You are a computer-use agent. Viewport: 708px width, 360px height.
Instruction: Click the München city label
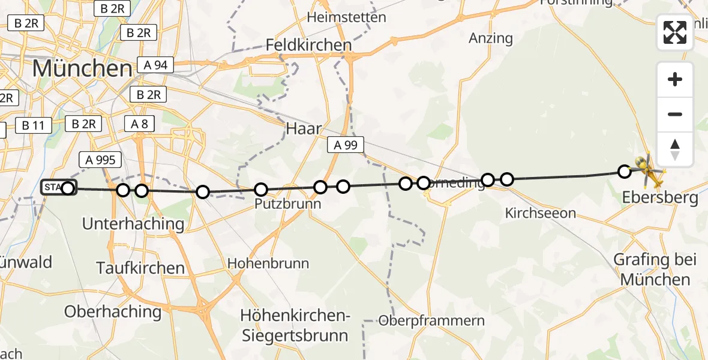[x=82, y=68]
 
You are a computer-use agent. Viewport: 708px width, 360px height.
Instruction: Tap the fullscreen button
[x=675, y=32]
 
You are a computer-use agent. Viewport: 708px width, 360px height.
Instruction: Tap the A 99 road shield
[x=346, y=145]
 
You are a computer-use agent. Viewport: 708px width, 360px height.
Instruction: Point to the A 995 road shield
[x=101, y=160]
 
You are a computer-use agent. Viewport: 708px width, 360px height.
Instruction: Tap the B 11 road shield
[x=34, y=125]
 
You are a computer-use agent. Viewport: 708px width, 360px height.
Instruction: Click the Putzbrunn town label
[x=287, y=204]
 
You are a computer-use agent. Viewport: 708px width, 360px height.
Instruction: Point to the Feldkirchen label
[x=308, y=45]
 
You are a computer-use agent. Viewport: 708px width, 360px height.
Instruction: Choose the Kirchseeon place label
[x=540, y=213]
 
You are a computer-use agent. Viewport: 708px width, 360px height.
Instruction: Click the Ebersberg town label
[x=659, y=198]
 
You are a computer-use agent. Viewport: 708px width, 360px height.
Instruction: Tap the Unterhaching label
[x=133, y=224]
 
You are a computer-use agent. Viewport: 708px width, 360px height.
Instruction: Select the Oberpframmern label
[x=431, y=320]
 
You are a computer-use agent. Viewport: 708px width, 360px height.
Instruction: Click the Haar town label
[x=304, y=128]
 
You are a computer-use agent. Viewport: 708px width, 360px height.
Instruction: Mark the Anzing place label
[x=491, y=38]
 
